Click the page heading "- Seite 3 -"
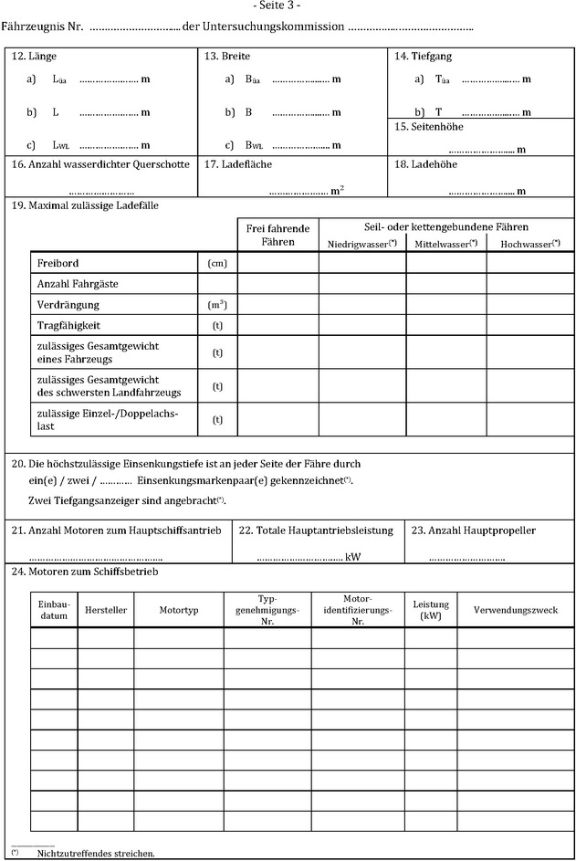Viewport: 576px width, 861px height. coord(288,6)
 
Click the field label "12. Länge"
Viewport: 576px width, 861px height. coord(34,57)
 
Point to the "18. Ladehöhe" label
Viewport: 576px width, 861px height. coord(426,164)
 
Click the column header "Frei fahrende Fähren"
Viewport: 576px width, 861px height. coord(278,235)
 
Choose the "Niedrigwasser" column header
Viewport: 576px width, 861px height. coord(361,244)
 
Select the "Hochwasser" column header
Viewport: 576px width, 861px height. coord(529,244)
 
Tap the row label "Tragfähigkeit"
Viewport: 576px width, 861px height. coord(69,324)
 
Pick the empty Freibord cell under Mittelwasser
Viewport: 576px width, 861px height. coord(445,263)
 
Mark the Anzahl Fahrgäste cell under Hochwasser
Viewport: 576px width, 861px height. coord(529,284)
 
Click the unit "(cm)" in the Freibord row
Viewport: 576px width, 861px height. coord(217,263)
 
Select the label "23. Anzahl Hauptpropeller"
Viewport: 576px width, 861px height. coord(474,530)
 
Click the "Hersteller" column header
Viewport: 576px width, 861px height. coord(106,610)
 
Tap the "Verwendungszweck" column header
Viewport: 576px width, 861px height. coord(515,610)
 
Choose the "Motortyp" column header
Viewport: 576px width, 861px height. coord(178,610)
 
